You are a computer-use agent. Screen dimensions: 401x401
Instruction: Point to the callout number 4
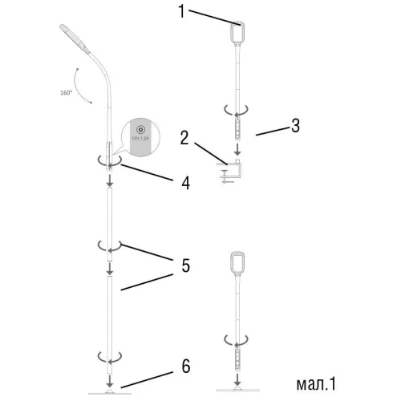coord(185,182)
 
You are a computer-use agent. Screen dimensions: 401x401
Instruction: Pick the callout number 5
coord(185,264)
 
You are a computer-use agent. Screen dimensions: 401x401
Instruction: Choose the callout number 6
coord(185,367)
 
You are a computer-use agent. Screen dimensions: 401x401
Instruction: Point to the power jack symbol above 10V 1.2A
coord(140,130)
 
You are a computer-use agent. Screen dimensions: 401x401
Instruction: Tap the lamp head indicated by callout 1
coord(237,31)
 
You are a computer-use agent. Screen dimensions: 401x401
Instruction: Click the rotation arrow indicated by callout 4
coord(109,160)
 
